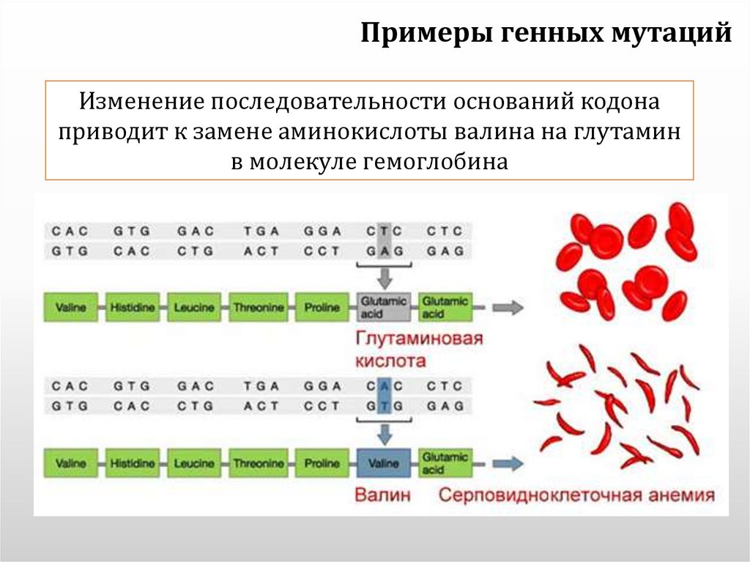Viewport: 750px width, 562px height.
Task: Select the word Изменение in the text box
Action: point(141,102)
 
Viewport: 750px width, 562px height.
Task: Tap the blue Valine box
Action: point(384,463)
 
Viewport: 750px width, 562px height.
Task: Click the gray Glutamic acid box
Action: point(384,308)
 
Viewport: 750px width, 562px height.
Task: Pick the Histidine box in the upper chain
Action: point(133,308)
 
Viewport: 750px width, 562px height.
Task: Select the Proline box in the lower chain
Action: point(322,463)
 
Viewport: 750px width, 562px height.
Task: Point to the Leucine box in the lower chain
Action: point(193,463)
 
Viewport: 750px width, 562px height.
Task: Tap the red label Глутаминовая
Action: point(419,339)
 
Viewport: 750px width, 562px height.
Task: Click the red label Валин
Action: point(382,495)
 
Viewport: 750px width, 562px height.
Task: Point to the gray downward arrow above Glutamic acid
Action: point(384,277)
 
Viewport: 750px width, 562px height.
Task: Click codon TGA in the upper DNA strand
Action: point(262,231)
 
